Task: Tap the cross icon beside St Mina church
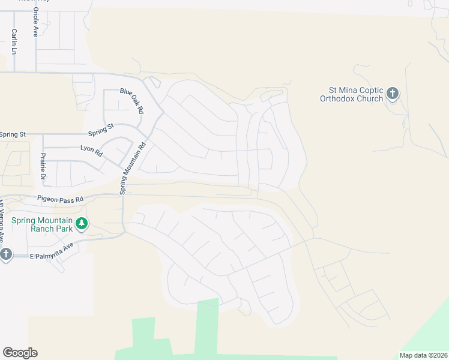392,93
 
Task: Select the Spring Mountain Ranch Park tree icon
82,225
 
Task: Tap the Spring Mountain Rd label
133,167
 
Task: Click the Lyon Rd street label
91,151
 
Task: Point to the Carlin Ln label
14,42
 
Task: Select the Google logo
20,352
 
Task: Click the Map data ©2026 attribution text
423,355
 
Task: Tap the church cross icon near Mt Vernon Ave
5,254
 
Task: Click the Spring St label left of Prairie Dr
13,134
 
